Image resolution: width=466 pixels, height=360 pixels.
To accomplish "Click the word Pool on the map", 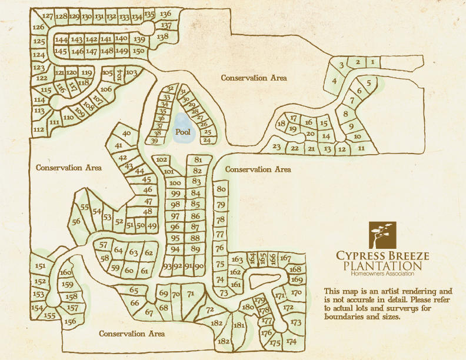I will click(182, 132).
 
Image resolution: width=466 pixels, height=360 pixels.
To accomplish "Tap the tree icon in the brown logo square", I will click(382, 235).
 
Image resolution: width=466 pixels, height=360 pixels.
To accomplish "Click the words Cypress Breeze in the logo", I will click(382, 256).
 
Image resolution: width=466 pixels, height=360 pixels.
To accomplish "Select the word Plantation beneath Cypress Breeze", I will click(382, 266).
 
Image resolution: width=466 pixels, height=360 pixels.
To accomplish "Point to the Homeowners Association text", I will click(382, 274).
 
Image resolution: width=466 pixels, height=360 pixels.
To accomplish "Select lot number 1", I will click(372, 62).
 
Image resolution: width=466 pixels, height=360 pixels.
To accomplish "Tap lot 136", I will click(165, 14).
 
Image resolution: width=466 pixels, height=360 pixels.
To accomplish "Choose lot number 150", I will click(138, 51).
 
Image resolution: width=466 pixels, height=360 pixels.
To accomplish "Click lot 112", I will click(39, 129).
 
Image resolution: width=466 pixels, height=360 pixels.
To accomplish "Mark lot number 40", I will click(127, 134).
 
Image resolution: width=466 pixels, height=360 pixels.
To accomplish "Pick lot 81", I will click(198, 159).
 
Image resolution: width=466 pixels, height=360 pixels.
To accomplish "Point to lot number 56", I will click(76, 222).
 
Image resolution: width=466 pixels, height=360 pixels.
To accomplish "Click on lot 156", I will click(70, 321).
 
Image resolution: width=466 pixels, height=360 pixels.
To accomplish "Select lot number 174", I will click(291, 341).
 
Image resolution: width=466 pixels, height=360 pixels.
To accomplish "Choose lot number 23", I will click(277, 147).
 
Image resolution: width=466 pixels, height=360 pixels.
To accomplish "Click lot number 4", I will click(334, 81).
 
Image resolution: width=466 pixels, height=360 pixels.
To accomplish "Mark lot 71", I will click(190, 294).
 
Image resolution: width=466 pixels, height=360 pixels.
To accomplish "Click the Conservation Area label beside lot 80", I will click(258, 169).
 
